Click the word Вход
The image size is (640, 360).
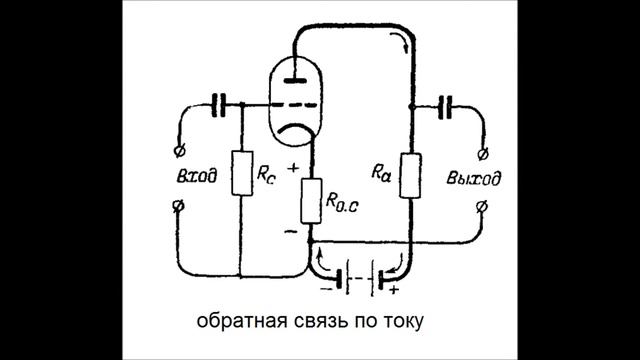pos(194,177)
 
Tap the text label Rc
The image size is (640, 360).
pos(265,172)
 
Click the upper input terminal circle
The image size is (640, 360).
pos(179,151)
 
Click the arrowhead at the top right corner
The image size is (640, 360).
pos(404,40)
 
